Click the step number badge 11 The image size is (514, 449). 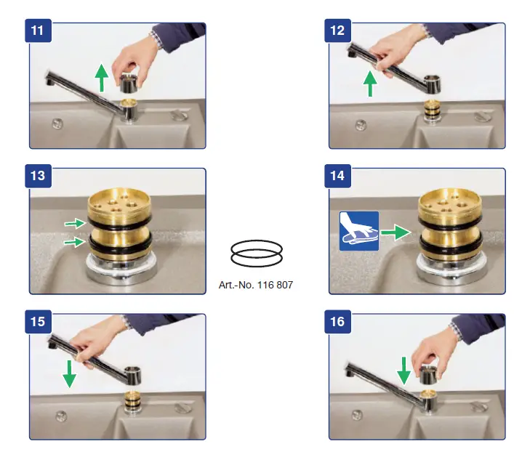[38, 31]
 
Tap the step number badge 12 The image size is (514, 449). [337, 31]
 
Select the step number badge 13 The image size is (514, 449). [38, 176]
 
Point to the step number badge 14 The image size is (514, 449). [337, 176]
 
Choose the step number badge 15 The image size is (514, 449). [38, 322]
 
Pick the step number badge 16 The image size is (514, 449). [337, 322]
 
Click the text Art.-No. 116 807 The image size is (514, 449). [256, 285]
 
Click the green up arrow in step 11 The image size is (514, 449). [102, 78]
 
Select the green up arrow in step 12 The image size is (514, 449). [370, 84]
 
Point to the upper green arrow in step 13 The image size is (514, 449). [76, 224]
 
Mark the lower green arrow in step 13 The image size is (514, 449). [75, 242]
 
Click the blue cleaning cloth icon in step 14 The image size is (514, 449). [359, 231]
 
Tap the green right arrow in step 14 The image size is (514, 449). [395, 232]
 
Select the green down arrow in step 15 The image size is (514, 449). [69, 374]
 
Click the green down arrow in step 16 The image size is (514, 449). [404, 371]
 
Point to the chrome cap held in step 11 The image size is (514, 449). [129, 83]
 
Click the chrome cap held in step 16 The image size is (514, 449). [429, 376]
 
